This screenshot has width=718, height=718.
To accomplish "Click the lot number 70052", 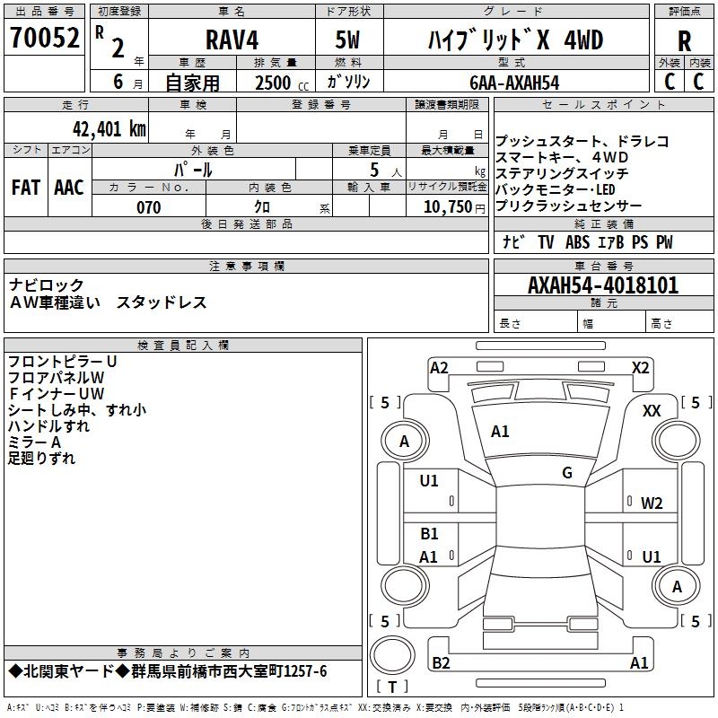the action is (x=44, y=39).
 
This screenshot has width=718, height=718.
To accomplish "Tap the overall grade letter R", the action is (x=684, y=41).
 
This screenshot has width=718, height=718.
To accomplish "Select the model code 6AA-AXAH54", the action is (x=514, y=83).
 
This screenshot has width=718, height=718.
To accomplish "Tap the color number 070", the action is (x=148, y=207).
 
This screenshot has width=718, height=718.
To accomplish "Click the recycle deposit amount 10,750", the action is (x=446, y=207).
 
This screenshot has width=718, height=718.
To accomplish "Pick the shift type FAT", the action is (x=25, y=188).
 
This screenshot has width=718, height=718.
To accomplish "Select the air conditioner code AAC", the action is (x=69, y=188).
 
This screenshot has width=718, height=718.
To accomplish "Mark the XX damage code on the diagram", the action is (x=652, y=410).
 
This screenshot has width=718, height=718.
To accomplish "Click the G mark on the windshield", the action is (x=567, y=472).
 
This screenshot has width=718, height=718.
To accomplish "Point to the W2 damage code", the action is (x=652, y=503).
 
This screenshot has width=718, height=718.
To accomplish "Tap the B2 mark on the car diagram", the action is (x=441, y=663).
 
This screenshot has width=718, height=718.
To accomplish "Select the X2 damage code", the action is (x=640, y=366).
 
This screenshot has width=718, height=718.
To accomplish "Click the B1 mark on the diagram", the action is (x=429, y=534).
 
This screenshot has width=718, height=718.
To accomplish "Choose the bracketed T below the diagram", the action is (x=391, y=687).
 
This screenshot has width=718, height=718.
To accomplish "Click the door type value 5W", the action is (x=347, y=39).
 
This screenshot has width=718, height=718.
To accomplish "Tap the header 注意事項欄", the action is (x=247, y=267).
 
